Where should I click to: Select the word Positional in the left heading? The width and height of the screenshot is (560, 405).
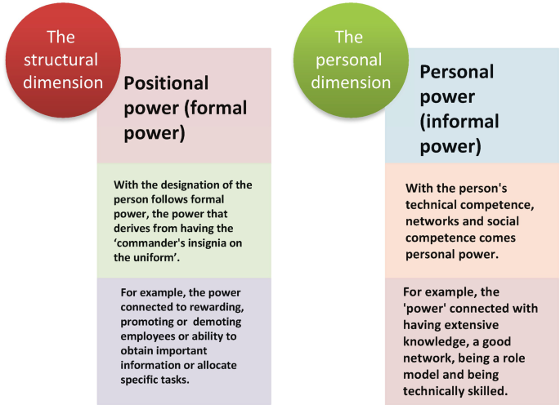coord(166,83)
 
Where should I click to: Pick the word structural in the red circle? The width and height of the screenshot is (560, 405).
coord(61,60)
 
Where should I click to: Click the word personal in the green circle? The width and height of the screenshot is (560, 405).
coord(349,60)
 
